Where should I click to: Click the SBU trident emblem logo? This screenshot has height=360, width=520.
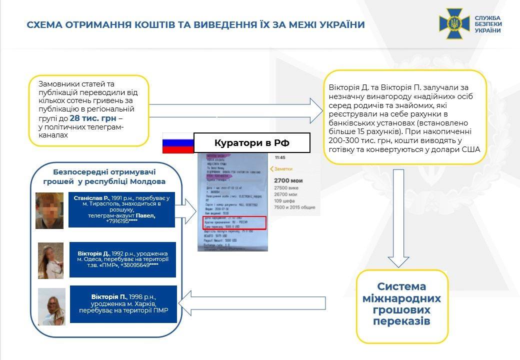454,23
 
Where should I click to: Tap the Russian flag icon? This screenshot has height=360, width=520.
177,143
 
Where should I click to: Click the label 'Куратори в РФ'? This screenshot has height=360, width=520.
252,143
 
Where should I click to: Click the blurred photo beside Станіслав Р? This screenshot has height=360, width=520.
49,210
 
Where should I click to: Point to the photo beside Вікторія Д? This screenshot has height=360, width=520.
51,260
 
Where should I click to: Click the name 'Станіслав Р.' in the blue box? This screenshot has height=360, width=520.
91,198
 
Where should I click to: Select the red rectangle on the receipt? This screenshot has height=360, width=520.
234,223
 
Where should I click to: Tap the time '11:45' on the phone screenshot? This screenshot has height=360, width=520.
280,157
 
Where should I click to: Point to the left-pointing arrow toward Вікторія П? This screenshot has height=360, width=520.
252,303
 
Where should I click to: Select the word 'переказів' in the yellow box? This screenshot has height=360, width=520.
401,321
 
